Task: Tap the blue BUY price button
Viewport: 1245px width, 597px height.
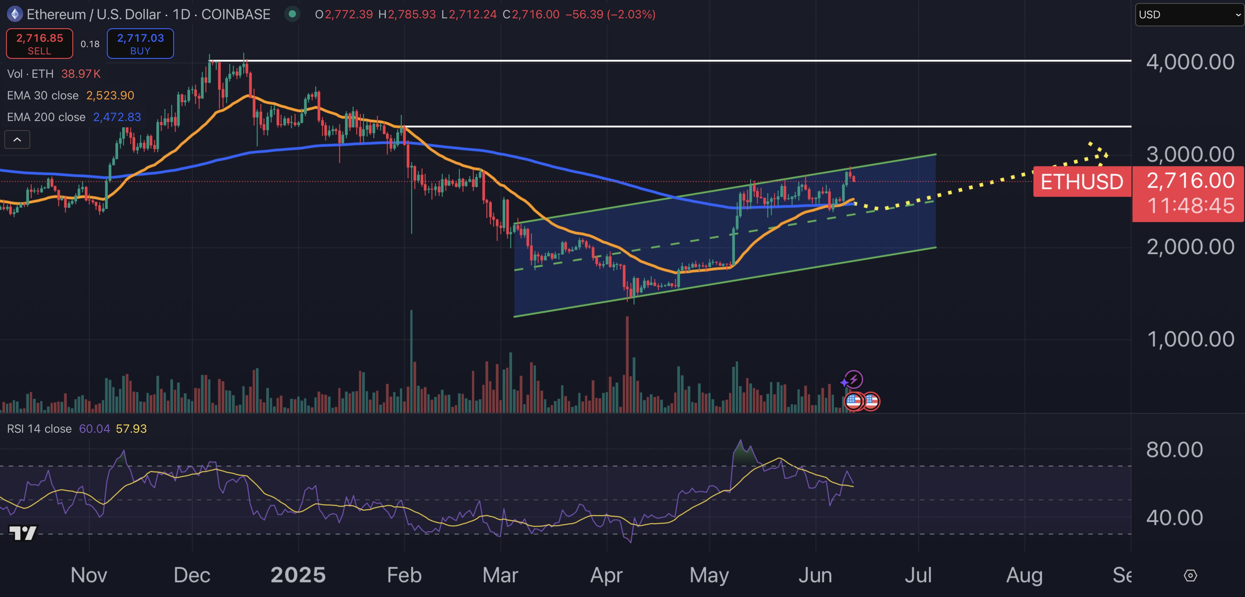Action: click(x=140, y=44)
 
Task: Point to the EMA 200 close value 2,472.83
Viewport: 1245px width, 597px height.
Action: click(x=117, y=117)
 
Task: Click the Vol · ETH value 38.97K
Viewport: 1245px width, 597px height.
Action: click(x=81, y=74)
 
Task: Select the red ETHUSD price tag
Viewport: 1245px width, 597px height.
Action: click(x=1082, y=182)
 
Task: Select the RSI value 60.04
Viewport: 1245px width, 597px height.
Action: click(x=94, y=429)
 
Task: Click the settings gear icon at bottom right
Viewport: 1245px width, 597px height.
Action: click(x=1190, y=575)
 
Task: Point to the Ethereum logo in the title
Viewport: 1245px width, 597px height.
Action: click(x=15, y=14)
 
